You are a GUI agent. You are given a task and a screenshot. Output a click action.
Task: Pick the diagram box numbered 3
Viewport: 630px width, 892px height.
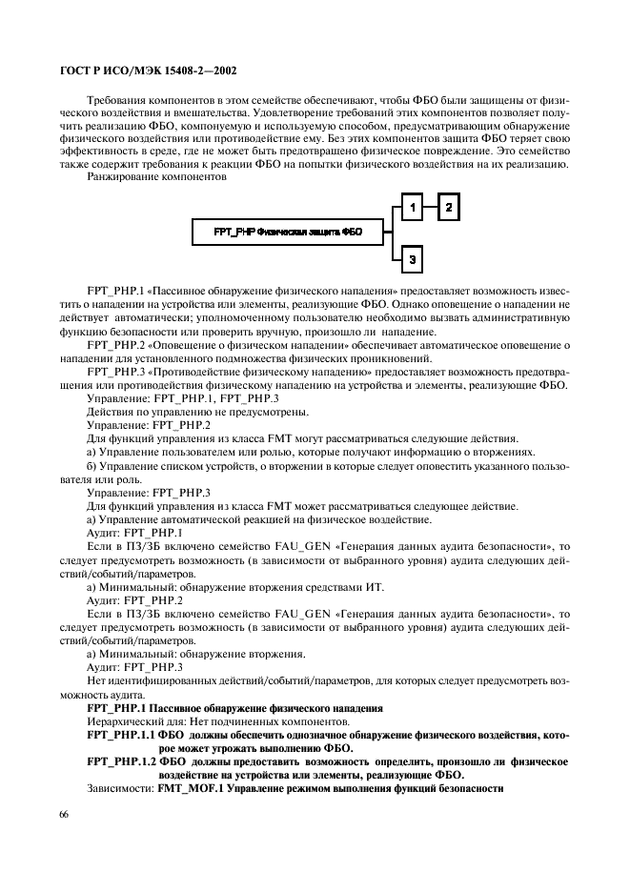point(410,257)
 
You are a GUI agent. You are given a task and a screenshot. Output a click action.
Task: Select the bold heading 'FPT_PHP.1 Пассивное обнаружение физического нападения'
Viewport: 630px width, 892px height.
point(234,709)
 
